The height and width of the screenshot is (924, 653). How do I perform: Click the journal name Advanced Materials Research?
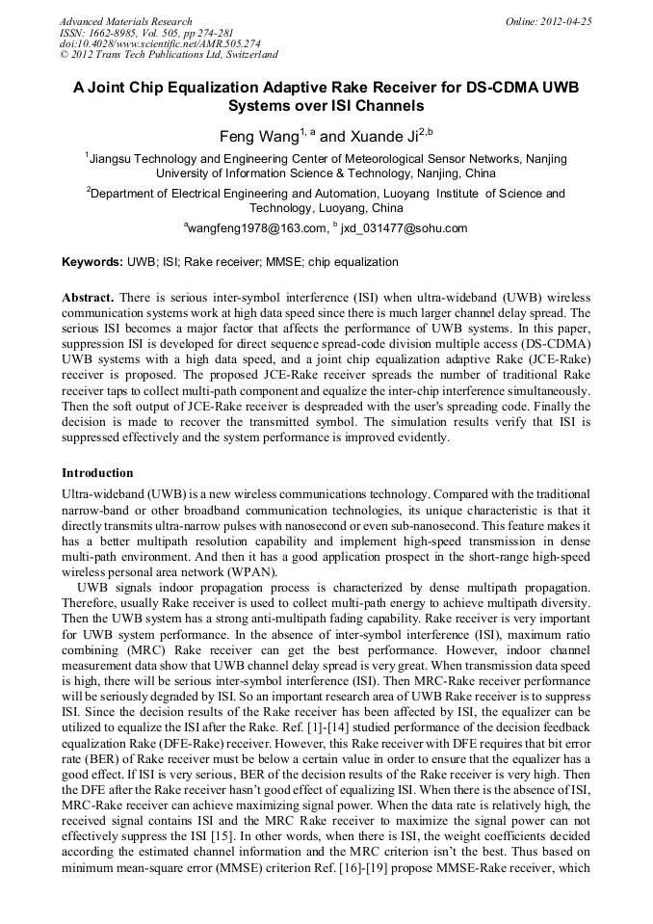(125, 21)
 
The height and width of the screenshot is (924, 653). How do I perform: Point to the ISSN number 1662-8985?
(113, 33)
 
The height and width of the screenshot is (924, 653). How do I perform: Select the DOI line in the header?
(159, 43)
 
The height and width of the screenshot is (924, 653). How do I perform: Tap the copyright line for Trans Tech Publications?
(169, 55)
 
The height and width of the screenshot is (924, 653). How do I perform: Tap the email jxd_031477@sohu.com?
(405, 228)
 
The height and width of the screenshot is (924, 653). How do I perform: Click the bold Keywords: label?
(92, 262)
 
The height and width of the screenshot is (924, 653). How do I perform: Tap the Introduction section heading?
(97, 473)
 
